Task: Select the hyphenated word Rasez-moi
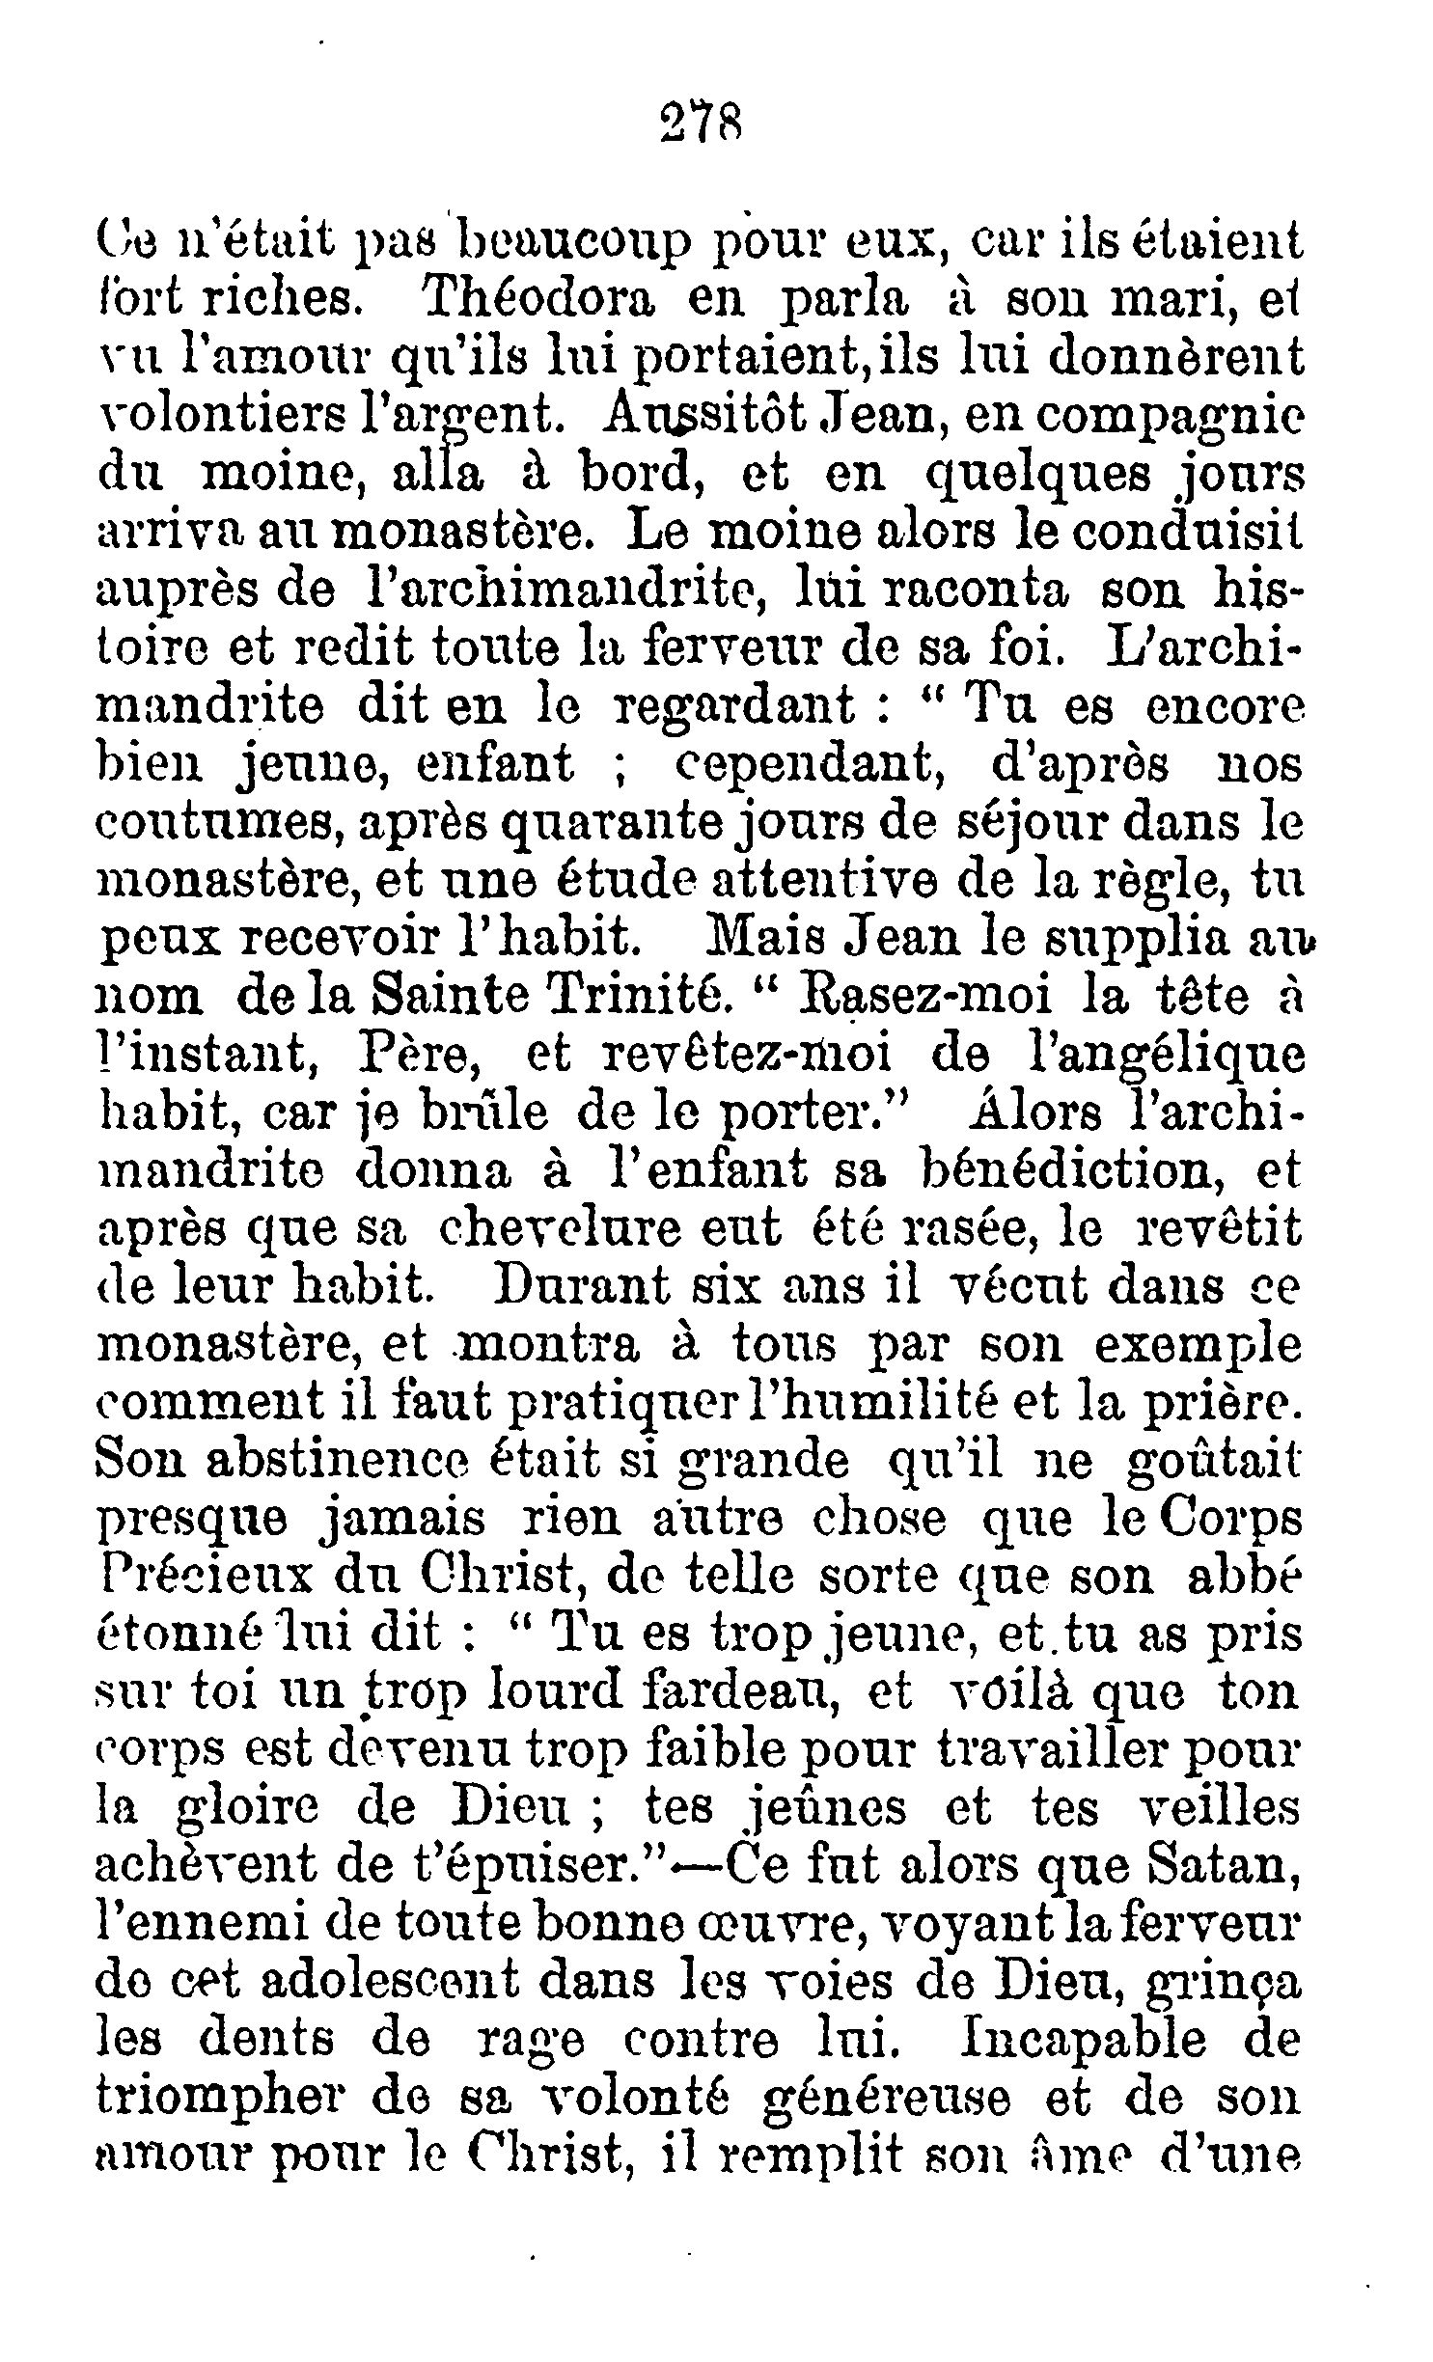coord(927,997)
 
